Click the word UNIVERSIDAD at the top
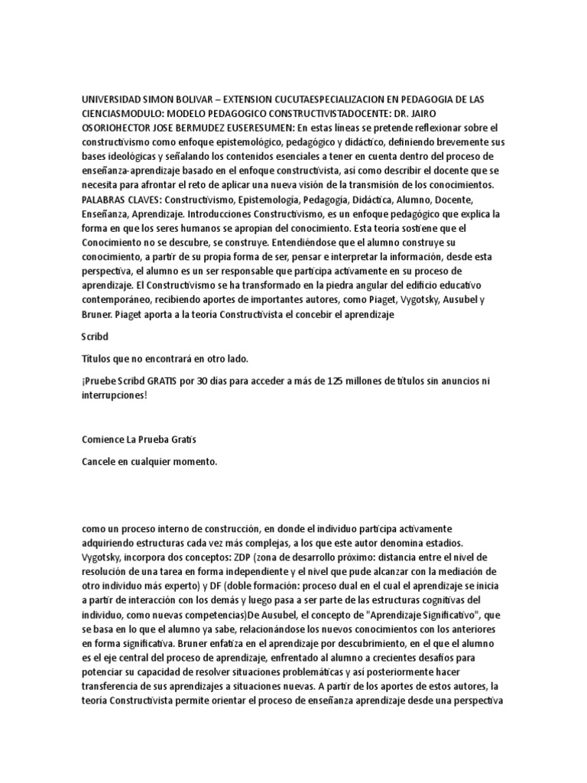point(111,100)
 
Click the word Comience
point(105,440)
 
